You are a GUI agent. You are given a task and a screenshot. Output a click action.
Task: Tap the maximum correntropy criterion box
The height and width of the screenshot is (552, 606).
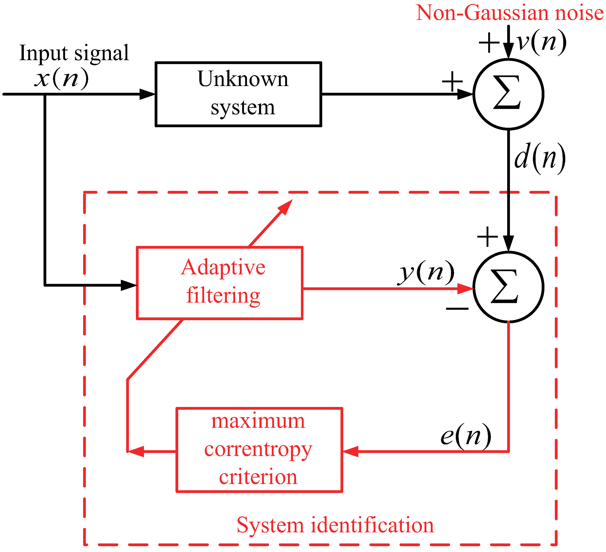click(x=259, y=450)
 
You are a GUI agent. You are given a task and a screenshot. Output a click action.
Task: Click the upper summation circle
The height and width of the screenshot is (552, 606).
click(x=508, y=94)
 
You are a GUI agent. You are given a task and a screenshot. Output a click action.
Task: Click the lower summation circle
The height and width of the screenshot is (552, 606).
click(x=508, y=287)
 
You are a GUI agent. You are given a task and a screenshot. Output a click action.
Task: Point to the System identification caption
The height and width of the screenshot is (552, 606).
click(x=335, y=525)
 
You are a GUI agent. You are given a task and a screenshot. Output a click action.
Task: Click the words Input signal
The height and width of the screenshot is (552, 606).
click(x=74, y=53)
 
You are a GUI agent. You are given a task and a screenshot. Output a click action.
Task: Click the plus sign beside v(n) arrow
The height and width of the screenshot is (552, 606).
click(x=489, y=43)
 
